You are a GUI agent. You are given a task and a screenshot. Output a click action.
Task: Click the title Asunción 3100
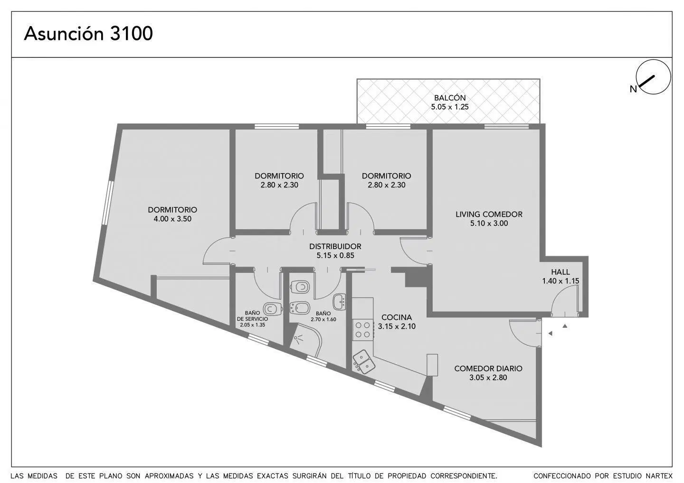[x=88, y=34]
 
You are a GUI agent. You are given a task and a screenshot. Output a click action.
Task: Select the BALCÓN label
[x=450, y=98]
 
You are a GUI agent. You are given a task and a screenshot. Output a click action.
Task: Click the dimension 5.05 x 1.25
[x=450, y=107]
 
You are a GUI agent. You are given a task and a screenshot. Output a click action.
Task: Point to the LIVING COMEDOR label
[x=489, y=214]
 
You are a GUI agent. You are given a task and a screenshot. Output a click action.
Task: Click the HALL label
[x=560, y=272]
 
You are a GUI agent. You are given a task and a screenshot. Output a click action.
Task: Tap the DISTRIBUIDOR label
[x=335, y=246]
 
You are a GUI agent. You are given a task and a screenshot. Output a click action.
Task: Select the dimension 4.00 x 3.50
[x=172, y=219]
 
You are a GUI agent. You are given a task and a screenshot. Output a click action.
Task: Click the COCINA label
[x=397, y=317]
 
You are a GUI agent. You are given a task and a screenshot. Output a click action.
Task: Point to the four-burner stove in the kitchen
[x=363, y=330]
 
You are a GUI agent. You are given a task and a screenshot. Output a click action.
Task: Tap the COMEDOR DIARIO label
[x=488, y=368]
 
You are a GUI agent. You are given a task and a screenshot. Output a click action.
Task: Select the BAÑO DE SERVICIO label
[x=253, y=316]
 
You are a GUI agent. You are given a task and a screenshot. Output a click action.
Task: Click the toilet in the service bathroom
[x=272, y=309]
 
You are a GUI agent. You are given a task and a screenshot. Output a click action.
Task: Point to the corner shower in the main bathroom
[x=305, y=340]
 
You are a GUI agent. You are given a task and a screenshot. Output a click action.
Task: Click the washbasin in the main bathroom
[x=339, y=302]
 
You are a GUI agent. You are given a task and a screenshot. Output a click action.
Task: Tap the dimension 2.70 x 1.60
[x=323, y=320]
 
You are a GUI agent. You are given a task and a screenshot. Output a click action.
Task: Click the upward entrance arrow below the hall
[x=565, y=326]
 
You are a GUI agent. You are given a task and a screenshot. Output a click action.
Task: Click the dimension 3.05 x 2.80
[x=488, y=378]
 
